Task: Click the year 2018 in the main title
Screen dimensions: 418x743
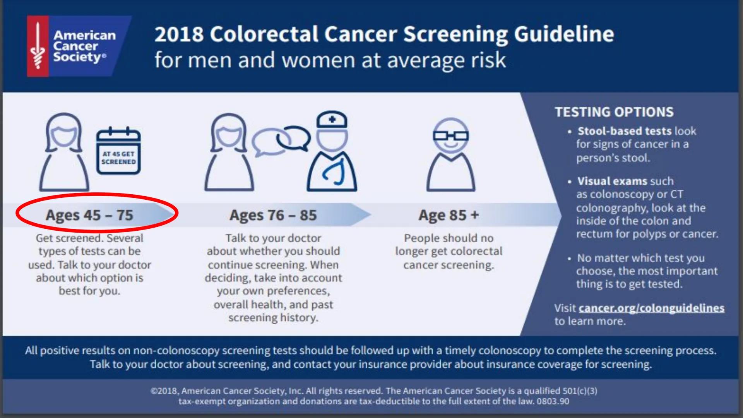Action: [178, 34]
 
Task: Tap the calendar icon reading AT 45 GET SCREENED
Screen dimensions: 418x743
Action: [118, 152]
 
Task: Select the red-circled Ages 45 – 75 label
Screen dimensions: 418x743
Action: [90, 215]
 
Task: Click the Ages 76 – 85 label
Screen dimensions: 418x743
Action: [273, 215]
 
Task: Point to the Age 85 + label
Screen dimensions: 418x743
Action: [449, 215]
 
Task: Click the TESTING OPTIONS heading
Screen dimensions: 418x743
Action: [614, 112]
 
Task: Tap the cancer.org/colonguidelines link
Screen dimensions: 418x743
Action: [651, 308]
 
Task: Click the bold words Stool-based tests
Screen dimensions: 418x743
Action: [624, 131]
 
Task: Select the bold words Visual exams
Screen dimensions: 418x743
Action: [612, 181]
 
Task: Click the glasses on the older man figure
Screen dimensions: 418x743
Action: [450, 136]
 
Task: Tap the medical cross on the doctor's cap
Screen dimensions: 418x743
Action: [332, 119]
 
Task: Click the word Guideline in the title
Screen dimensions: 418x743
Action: [564, 34]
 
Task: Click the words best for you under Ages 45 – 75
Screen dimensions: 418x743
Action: [89, 291]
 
